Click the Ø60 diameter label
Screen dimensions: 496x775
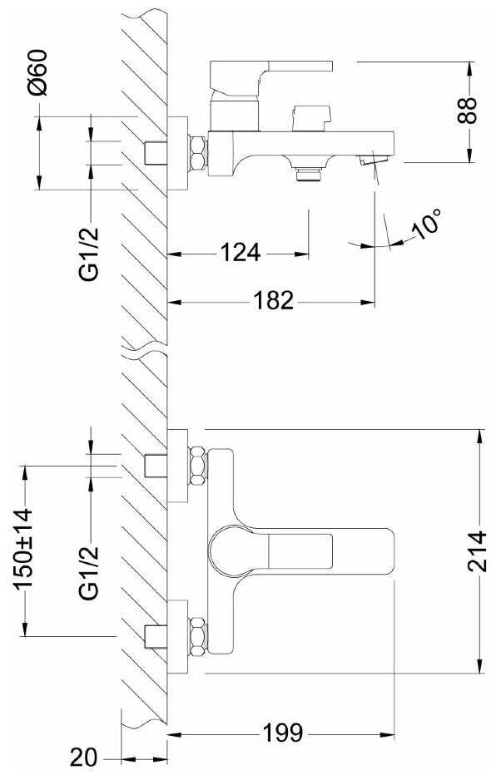[x=37, y=72]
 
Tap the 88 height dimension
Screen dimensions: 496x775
[x=467, y=110]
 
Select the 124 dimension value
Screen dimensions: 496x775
[x=240, y=253]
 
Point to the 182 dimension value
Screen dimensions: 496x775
[x=273, y=300]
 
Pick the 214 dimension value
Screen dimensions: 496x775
[x=477, y=551]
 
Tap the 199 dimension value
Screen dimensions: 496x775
[x=282, y=733]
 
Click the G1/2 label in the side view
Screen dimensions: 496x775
[x=90, y=254]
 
